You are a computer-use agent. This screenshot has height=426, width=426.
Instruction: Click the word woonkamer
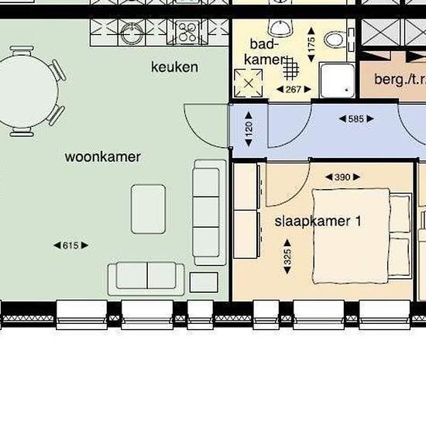(103, 157)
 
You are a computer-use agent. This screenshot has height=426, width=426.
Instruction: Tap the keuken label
(174, 67)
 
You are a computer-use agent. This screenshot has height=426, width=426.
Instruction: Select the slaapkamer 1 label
(318, 222)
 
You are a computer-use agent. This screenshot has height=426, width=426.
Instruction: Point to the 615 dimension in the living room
(71, 246)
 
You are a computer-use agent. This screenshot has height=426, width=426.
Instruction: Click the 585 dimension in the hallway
(356, 119)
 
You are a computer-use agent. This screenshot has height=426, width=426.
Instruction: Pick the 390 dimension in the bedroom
(342, 177)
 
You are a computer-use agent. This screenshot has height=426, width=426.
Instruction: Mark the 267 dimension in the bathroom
(294, 89)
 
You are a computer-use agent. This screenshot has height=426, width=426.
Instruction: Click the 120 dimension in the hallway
(249, 129)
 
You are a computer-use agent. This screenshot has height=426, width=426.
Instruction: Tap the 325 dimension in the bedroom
(287, 256)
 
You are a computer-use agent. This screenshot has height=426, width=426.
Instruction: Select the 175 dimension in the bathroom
(311, 44)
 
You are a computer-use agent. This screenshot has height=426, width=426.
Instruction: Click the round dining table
(26, 91)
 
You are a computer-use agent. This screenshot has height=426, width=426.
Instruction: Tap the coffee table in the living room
(149, 209)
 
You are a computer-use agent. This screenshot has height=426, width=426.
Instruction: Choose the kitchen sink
(132, 33)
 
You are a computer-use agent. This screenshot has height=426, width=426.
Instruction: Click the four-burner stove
(187, 33)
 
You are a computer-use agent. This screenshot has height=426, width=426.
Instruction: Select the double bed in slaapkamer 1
(362, 235)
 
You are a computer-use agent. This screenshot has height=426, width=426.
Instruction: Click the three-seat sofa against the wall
(209, 212)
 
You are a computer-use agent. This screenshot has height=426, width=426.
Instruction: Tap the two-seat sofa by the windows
(146, 279)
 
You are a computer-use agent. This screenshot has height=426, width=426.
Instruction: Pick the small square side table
(204, 282)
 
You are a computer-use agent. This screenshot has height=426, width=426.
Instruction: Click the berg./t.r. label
(400, 79)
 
